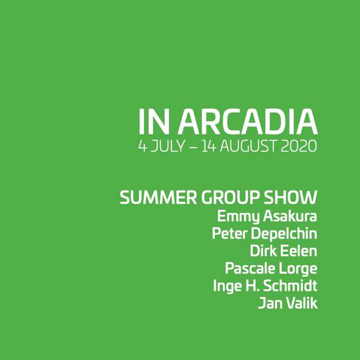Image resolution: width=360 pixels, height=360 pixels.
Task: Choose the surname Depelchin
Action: click(287, 235)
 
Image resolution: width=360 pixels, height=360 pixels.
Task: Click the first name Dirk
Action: click(262, 252)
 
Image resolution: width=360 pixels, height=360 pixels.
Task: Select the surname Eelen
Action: click(300, 252)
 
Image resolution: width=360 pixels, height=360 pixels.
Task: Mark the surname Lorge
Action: click(299, 270)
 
